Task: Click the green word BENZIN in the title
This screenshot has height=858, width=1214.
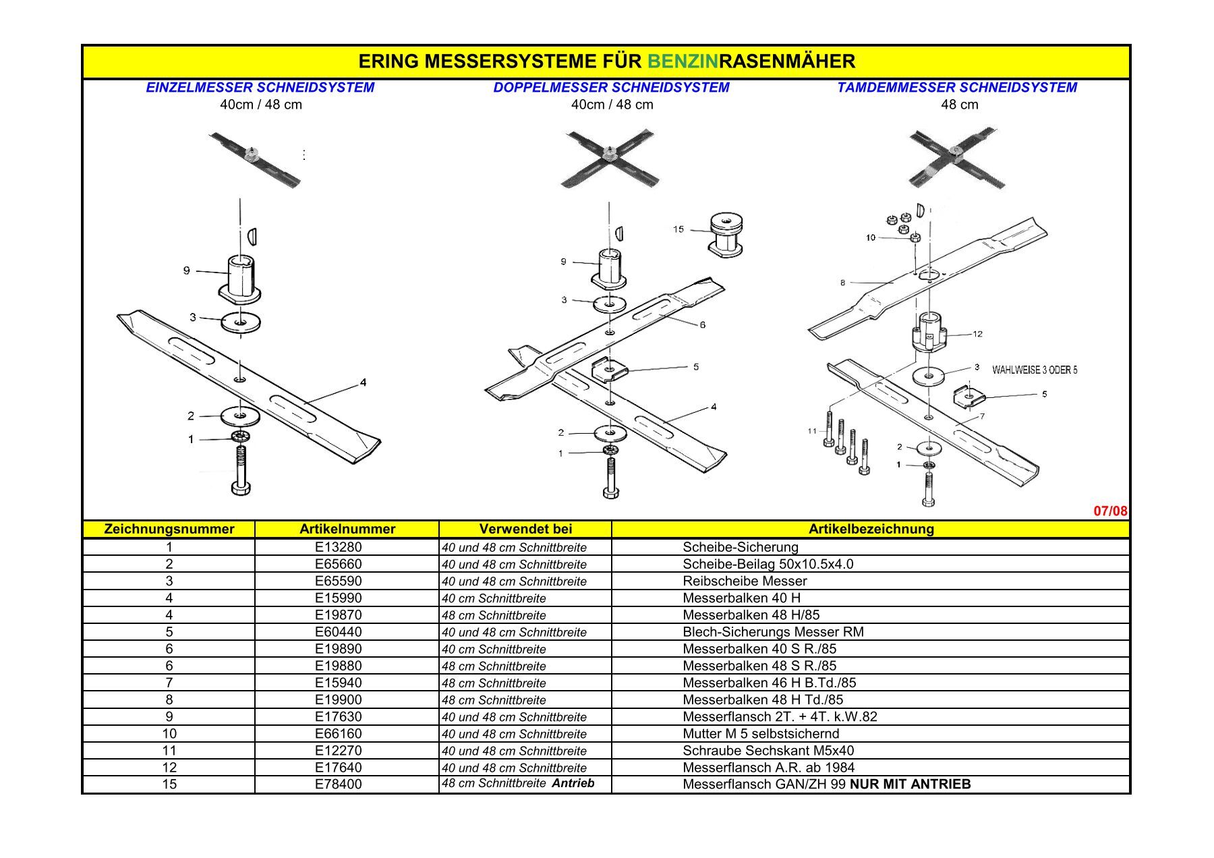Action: coord(683,62)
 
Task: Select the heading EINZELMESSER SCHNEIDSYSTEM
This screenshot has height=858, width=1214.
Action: coord(260,88)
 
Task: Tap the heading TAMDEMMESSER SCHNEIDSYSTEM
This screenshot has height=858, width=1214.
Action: coord(956,88)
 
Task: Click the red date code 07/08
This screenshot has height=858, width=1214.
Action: coord(1109,511)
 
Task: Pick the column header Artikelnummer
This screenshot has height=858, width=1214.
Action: coord(347,530)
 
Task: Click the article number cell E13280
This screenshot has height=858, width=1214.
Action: coord(338,547)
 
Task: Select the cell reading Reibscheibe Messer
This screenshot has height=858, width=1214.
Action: coord(744,581)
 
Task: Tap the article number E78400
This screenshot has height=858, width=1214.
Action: coord(338,784)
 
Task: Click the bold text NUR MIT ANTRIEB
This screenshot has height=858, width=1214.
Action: coord(910,784)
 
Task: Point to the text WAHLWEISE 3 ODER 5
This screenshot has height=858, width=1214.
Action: coord(1034,370)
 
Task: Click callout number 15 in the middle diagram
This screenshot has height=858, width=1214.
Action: coord(678,229)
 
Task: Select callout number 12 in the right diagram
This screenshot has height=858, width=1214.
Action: coord(977,334)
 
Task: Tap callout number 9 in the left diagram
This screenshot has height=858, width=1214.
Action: coord(187,270)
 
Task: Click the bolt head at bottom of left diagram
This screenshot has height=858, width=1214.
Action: coord(241,488)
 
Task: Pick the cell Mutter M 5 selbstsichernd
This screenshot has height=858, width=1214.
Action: coord(760,734)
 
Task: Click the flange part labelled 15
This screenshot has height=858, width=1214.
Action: coord(726,236)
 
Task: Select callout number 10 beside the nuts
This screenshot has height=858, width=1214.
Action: coord(870,237)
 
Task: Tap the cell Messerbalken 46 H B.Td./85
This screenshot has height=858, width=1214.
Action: coord(769,683)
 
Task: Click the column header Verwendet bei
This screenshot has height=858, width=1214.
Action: coord(525,530)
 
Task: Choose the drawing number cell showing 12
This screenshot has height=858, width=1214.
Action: coord(169,768)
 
